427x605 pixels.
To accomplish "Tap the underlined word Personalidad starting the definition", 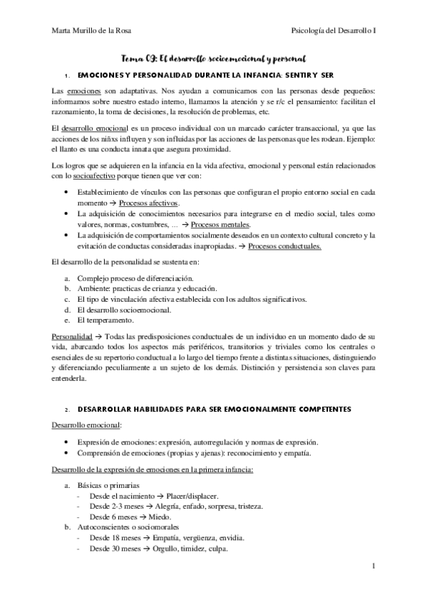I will click(73, 335).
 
